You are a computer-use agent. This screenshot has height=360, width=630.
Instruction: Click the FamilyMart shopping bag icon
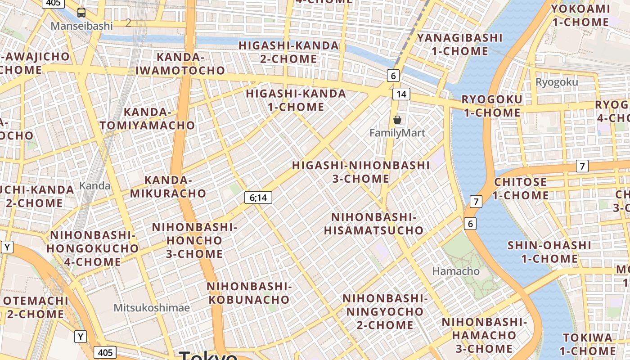coord(397,120)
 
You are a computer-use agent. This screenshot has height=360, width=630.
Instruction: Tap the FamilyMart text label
coord(397,133)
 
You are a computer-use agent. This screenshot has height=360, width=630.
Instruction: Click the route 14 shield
coord(401,94)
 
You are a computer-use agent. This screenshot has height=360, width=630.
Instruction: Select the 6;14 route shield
coord(258,197)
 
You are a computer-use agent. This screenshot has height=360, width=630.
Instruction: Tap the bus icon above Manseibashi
coord(81,13)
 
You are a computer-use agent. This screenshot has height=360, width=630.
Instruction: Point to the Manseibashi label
coord(81,26)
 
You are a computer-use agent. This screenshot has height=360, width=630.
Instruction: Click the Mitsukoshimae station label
coord(151,308)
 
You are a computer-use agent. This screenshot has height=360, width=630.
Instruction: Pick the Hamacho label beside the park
coord(456,271)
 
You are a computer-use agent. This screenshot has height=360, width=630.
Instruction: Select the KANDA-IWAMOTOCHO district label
coord(180,64)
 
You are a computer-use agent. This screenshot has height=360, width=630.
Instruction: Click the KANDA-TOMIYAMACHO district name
coord(147,119)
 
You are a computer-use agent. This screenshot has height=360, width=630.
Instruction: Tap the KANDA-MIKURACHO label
coord(168,187)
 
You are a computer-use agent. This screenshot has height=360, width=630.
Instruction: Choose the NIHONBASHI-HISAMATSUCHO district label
coord(373,224)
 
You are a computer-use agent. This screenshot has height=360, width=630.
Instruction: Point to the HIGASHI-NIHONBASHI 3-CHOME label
coord(360,172)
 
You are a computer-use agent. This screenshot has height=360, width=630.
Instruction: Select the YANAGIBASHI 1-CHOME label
coord(459,44)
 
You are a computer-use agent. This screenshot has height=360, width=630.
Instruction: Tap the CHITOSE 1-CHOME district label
coord(520,189)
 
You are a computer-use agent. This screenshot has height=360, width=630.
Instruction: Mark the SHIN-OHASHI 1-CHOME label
coord(549,252)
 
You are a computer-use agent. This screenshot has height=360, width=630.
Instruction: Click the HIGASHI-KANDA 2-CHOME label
coord(288,52)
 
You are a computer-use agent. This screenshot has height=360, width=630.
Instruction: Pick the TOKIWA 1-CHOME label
coord(588,344)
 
